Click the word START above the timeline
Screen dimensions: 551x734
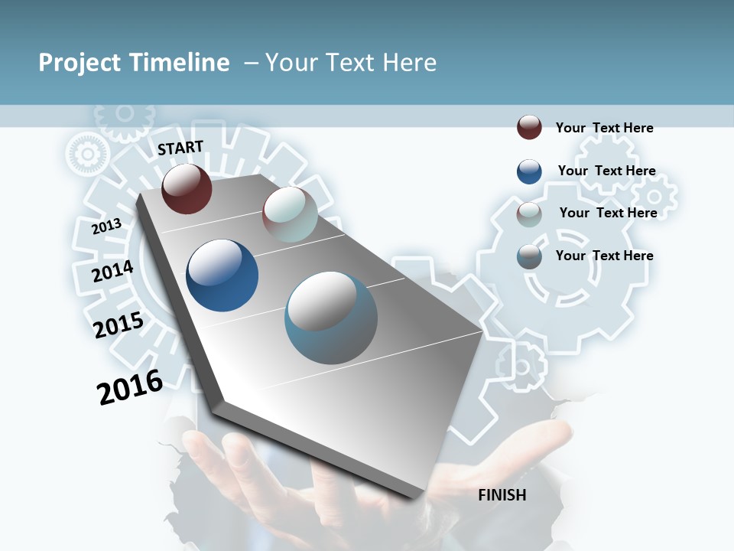(x=180, y=148)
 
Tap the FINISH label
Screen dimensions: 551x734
(x=502, y=495)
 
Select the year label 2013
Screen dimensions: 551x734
(x=106, y=227)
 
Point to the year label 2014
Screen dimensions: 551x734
(x=112, y=271)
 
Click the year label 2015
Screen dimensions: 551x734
(x=119, y=325)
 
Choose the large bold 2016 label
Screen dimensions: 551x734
(x=130, y=387)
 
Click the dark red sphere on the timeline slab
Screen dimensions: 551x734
(x=187, y=188)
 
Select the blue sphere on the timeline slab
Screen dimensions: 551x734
(x=222, y=275)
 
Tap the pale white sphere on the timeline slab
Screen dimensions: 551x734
(x=290, y=214)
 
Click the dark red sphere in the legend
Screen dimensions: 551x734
(x=529, y=127)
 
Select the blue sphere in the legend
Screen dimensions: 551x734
(x=529, y=171)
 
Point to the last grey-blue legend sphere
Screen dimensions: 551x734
(x=529, y=256)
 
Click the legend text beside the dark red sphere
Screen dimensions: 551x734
(x=604, y=128)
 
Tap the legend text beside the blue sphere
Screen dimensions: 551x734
(x=606, y=171)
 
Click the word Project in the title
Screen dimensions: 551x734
(x=80, y=63)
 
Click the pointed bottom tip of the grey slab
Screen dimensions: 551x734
(x=417, y=497)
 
